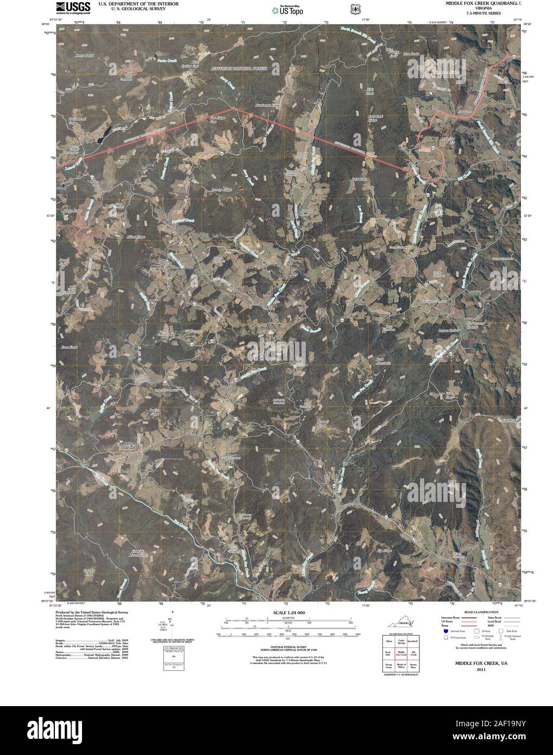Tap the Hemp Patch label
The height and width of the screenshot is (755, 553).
[84, 56]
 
